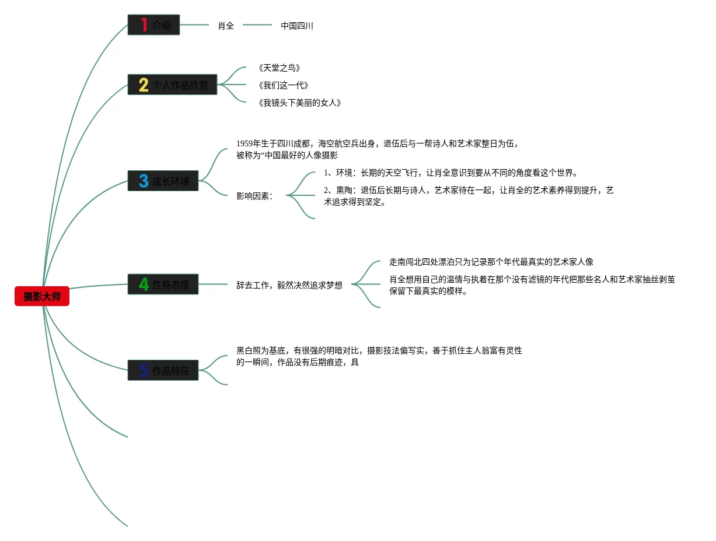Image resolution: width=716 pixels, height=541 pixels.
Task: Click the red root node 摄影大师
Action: [42, 296]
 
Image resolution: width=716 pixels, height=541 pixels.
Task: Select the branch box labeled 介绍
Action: [154, 25]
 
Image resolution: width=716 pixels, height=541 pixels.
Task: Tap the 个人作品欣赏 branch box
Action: [173, 85]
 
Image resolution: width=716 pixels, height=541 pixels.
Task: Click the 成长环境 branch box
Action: [163, 181]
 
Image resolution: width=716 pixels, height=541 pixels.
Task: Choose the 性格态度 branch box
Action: [163, 284]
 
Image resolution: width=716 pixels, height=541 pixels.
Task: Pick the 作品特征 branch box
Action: [163, 370]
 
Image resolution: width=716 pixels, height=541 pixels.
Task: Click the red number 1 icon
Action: [143, 25]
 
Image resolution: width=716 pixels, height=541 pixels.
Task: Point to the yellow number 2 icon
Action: [143, 85]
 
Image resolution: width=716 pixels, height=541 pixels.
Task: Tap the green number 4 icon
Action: [144, 284]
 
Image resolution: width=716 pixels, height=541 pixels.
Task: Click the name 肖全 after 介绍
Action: [226, 26]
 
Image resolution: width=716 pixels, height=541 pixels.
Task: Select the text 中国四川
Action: [297, 26]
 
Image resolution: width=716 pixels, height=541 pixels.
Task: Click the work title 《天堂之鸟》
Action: [280, 68]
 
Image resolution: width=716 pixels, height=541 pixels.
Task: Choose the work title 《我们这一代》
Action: [284, 86]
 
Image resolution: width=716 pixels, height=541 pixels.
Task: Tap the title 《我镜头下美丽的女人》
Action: [299, 103]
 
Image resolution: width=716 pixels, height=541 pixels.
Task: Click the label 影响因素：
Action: [255, 196]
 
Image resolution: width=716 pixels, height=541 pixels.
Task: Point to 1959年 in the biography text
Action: [247, 143]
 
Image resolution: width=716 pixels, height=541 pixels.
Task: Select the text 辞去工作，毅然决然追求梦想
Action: [289, 286]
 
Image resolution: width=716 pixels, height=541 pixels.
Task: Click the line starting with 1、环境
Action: [450, 173]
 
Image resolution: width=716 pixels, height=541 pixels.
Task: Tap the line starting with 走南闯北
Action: [491, 262]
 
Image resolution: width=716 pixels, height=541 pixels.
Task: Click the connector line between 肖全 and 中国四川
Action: [257, 25]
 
